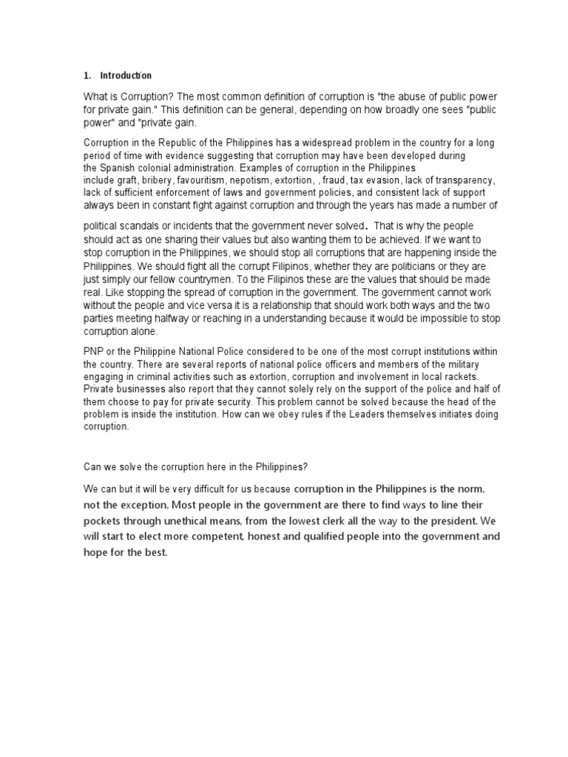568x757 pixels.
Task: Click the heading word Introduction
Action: coord(126,75)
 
